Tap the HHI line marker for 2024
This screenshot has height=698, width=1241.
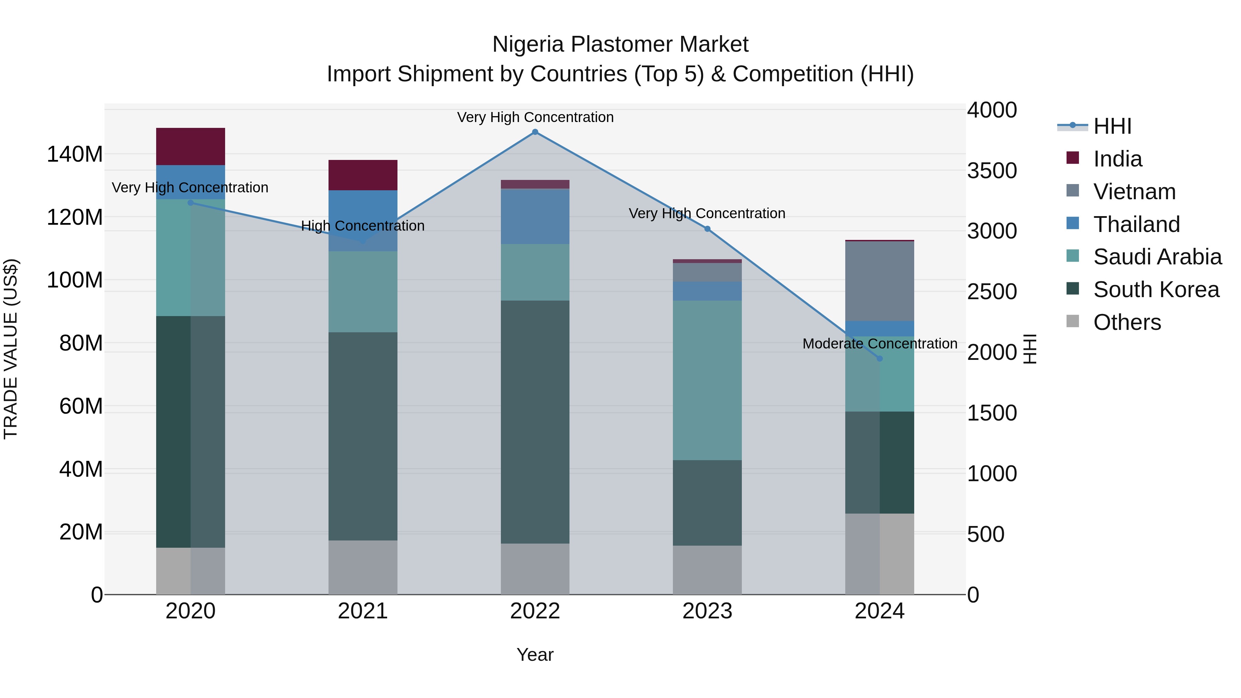click(880, 358)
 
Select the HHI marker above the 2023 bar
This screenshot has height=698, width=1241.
click(707, 229)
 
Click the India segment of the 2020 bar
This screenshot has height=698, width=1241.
click(190, 146)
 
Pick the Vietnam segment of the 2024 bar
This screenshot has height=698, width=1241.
click(880, 281)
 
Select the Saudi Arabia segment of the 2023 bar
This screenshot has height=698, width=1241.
click(707, 380)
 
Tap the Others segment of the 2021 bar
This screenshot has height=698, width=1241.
click(363, 567)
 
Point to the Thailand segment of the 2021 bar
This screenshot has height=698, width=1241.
click(363, 212)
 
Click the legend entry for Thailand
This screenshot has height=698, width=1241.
click(1136, 224)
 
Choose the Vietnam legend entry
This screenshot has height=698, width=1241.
click(1134, 192)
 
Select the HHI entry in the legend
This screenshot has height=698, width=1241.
click(1112, 126)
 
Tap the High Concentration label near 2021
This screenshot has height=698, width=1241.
click(363, 225)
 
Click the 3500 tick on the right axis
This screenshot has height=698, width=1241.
click(991, 171)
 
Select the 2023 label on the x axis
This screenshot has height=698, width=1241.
click(707, 611)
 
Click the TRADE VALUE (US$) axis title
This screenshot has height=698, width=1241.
click(11, 349)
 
